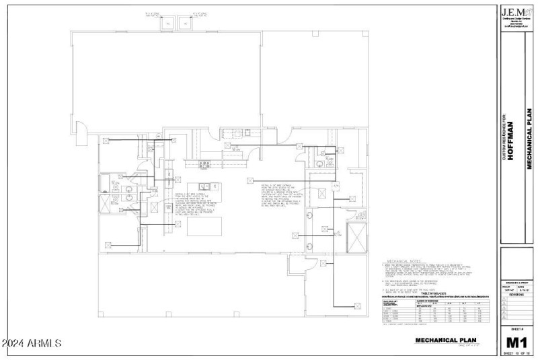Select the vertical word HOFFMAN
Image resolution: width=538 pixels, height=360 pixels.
pos(510,143)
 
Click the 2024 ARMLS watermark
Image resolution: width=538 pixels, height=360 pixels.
pos(32,344)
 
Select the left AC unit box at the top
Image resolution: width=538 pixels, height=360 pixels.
pos(164,23)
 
